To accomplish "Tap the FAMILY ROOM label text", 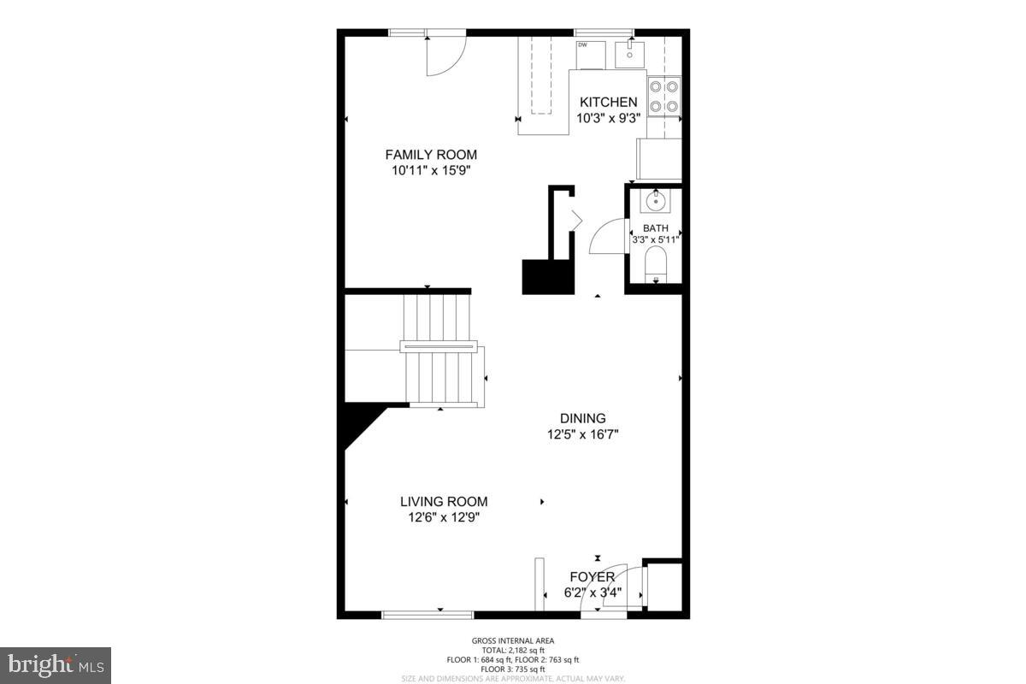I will point(431,155).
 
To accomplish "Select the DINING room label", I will point(583,418).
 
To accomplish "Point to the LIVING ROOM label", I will point(444,502).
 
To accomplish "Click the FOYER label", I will point(593,577).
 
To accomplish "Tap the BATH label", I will point(656,228).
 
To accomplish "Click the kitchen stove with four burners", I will point(664,96).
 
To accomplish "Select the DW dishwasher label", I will point(582,44).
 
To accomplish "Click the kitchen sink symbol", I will point(631,54).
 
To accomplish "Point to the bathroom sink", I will point(655,202).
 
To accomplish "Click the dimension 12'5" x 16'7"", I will point(583,434).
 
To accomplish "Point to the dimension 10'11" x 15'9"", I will point(431,170).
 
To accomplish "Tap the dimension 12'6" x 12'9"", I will point(444,517).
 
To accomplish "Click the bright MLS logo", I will point(56,665).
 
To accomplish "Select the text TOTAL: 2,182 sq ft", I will point(512,650).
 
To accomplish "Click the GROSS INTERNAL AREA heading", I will point(512,640).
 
